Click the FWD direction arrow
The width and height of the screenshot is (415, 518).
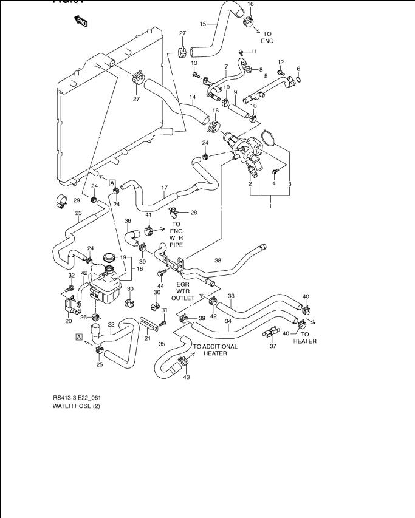[x=80, y=23]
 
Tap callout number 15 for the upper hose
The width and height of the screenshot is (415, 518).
[x=204, y=24]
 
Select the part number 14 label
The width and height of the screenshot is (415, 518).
[x=192, y=97]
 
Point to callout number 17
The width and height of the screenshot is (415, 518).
[x=164, y=188]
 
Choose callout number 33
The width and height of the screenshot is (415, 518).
[x=231, y=296]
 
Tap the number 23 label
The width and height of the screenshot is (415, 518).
[x=78, y=213]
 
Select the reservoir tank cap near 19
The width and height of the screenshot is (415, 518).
[x=110, y=257]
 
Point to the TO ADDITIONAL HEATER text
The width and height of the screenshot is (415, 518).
[x=215, y=350]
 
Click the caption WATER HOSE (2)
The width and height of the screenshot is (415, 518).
[x=76, y=406]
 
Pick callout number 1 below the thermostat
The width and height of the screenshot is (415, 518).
[x=270, y=207]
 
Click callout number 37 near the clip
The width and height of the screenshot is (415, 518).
[x=273, y=347]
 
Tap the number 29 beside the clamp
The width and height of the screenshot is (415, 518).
[x=77, y=200]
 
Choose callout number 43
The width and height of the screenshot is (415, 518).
[x=186, y=377]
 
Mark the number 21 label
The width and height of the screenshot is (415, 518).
[x=146, y=338]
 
